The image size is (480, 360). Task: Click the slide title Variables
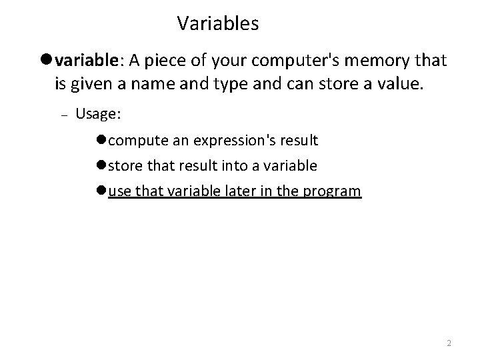[218, 25]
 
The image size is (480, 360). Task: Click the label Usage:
[98, 114]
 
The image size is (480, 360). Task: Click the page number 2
[449, 343]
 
